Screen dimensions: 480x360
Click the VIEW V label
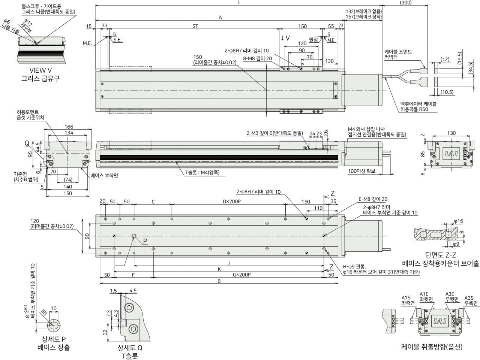pyautogui.click(x=40, y=70)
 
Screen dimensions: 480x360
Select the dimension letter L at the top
pyautogui.click(x=239, y=3)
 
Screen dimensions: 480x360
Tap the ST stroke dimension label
pyautogui.click(x=195, y=26)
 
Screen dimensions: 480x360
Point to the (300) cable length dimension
pyautogui.click(x=406, y=3)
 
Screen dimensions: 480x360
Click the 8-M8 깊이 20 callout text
pyautogui.click(x=258, y=58)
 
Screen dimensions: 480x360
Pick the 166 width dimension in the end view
pyautogui.click(x=69, y=127)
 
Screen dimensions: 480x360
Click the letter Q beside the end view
pyautogui.click(x=27, y=143)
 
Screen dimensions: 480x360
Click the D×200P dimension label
pyautogui.click(x=232, y=202)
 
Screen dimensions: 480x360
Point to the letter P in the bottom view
pyautogui.click(x=145, y=241)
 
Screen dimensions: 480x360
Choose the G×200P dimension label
pyautogui.click(x=241, y=275)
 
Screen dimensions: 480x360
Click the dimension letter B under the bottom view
pyautogui.click(x=219, y=281)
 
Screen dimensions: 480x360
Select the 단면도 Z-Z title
pyautogui.click(x=440, y=255)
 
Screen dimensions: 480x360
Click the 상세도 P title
pyautogui.click(x=54, y=339)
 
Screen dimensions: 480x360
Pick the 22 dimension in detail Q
pyautogui.click(x=105, y=332)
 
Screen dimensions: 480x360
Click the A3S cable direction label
pyautogui.click(x=469, y=298)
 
